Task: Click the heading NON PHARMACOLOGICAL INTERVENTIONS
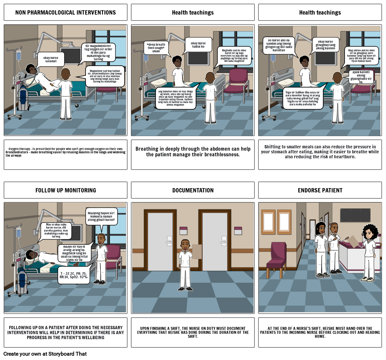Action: pyautogui.click(x=65, y=13)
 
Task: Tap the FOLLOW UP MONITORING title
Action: pyautogui.click(x=65, y=190)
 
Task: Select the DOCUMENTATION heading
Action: pyautogui.click(x=193, y=190)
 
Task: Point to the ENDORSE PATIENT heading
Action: pyautogui.click(x=320, y=190)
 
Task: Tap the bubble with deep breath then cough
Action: pyautogui.click(x=156, y=48)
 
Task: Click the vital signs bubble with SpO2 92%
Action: pyautogui.click(x=73, y=275)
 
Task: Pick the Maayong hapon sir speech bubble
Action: pyautogui.click(x=101, y=216)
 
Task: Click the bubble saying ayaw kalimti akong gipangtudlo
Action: pyautogui.click(x=361, y=77)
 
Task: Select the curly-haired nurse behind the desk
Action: pyautogui.click(x=370, y=252)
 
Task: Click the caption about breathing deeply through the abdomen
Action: pyautogui.click(x=193, y=152)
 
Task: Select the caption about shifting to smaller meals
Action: pyautogui.click(x=320, y=152)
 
